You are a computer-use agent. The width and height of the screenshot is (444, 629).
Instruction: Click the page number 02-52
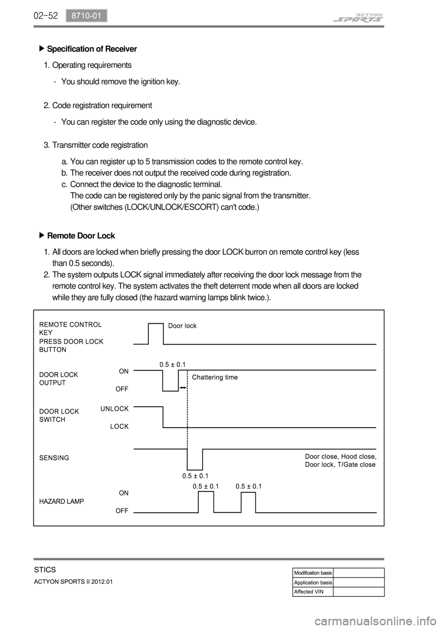[45, 16]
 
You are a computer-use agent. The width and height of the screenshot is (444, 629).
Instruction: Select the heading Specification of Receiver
[92, 49]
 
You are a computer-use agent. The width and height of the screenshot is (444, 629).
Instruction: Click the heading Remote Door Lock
[81, 235]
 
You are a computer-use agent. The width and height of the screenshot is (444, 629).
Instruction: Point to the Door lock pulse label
[182, 326]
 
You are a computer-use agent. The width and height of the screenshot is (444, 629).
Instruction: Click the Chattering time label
[215, 377]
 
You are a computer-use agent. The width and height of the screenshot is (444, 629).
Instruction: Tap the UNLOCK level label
[114, 409]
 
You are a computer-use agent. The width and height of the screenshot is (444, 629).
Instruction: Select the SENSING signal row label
[54, 458]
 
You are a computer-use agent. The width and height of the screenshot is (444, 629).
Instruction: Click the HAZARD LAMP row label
[62, 501]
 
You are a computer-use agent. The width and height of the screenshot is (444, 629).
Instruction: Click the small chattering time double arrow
[183, 387]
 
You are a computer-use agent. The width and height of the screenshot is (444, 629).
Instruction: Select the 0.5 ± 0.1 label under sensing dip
[195, 476]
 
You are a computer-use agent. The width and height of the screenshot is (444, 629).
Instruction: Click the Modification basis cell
[313, 573]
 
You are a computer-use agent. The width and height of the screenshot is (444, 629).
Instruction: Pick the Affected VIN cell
[309, 591]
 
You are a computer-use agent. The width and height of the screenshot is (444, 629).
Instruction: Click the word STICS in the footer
[45, 569]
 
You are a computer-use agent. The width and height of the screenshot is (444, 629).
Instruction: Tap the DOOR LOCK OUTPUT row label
[59, 378]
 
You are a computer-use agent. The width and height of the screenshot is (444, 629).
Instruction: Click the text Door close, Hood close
[340, 456]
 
